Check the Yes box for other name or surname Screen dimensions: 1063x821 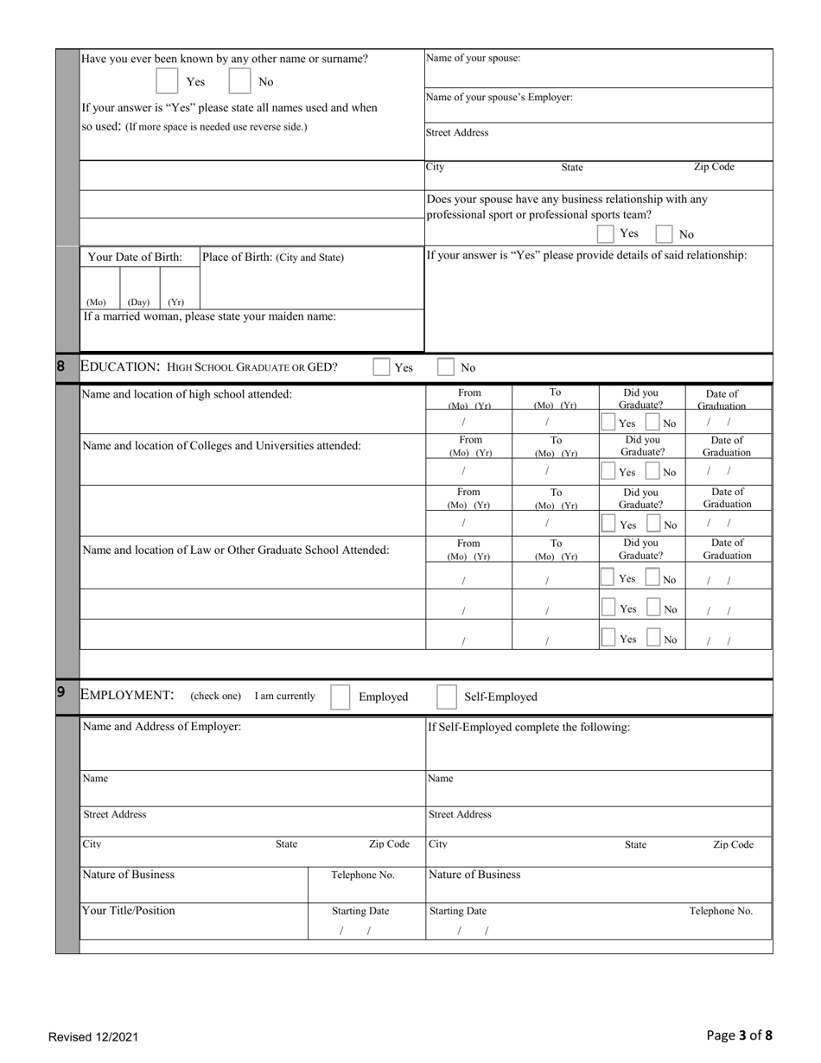167,81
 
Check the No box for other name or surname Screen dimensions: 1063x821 239,81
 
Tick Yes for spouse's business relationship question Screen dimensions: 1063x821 606,233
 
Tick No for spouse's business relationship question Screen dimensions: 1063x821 664,233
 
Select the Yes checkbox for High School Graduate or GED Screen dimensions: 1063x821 381,367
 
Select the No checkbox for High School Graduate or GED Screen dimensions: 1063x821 446,367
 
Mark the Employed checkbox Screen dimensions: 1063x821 340,697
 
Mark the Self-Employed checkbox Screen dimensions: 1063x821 447,697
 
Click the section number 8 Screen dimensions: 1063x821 60,366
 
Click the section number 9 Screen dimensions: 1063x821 60,691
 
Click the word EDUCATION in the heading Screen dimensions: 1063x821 120,366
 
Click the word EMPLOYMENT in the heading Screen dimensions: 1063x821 127,696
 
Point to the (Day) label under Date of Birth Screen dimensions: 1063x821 138,302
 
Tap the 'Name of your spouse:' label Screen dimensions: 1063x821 473,59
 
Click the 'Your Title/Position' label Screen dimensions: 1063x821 129,911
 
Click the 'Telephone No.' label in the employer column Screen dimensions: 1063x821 363,875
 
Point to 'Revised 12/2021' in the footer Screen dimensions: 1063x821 93,1037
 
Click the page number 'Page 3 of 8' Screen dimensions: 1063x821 739,1035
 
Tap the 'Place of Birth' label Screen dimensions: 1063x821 272,258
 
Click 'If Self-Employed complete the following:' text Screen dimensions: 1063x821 529,728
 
